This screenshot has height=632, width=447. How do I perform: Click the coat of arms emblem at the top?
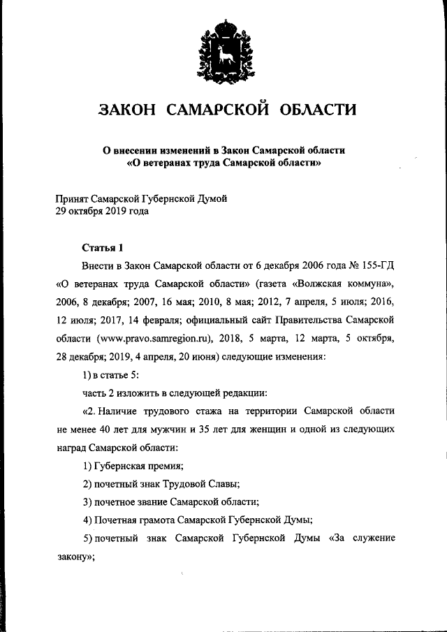(x=223, y=53)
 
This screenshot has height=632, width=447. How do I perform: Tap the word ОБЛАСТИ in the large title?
(x=318, y=110)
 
